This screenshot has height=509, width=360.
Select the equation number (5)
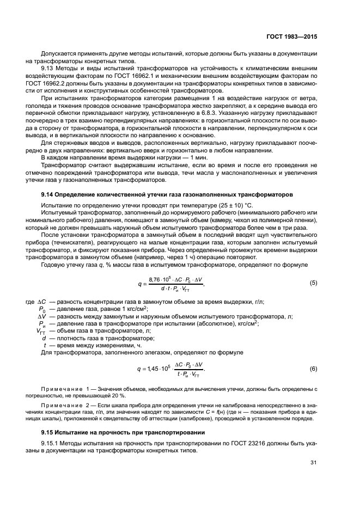tap(313, 283)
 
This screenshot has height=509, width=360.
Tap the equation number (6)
tap(313, 369)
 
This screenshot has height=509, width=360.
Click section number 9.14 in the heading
tap(48, 194)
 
